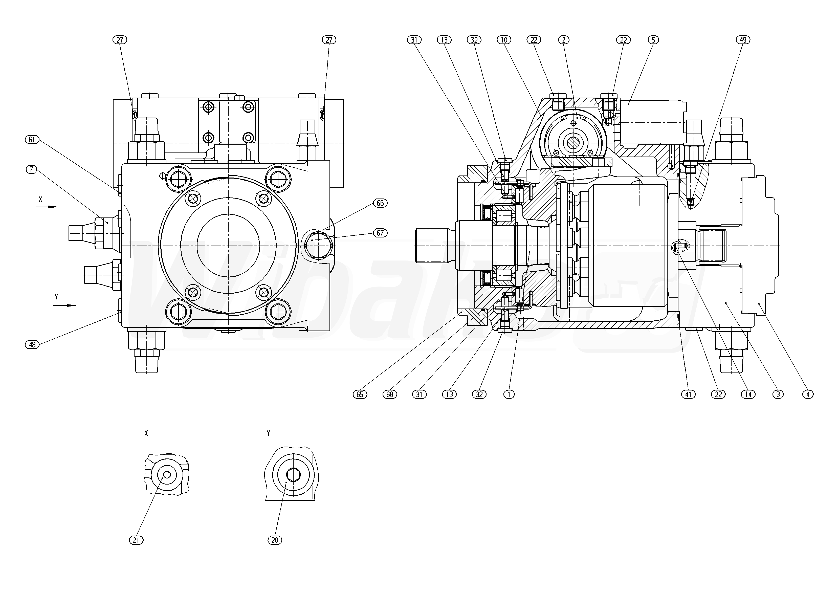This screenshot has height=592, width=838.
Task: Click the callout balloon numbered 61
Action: pyautogui.click(x=32, y=139)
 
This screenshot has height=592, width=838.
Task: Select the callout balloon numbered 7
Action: pyautogui.click(x=32, y=169)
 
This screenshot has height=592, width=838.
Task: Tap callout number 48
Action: pyautogui.click(x=32, y=344)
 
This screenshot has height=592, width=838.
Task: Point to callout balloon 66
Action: pyautogui.click(x=380, y=203)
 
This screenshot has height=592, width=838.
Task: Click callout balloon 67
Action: pyautogui.click(x=380, y=233)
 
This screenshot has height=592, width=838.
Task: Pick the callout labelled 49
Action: pyautogui.click(x=743, y=40)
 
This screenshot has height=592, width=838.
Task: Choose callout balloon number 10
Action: pyautogui.click(x=504, y=40)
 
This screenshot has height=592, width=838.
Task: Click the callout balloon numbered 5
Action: pyautogui.click(x=653, y=40)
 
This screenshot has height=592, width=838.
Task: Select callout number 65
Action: pyautogui.click(x=360, y=394)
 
